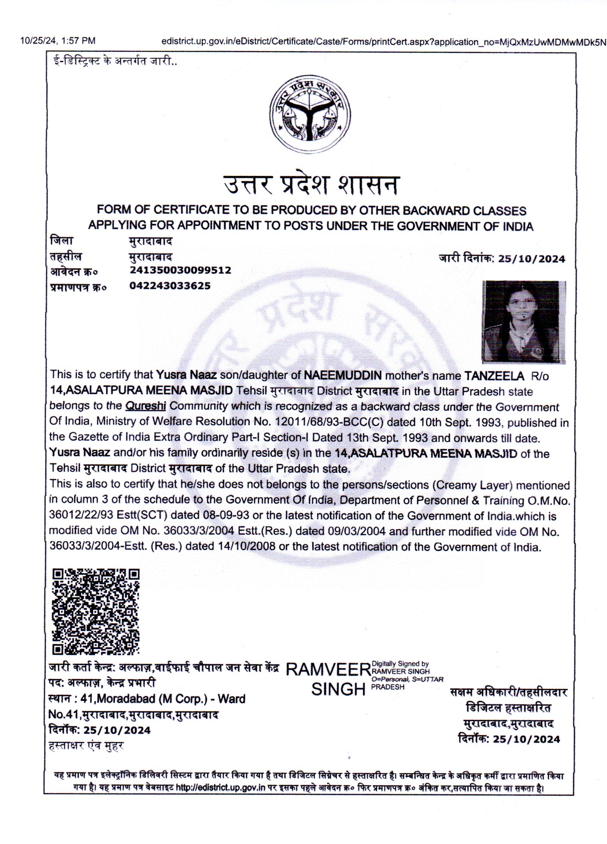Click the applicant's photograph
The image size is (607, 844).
[523, 321]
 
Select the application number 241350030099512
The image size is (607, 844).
[180, 270]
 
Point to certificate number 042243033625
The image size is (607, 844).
[170, 286]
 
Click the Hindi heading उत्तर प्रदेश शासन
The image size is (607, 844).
[311, 185]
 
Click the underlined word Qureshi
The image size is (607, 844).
[145, 406]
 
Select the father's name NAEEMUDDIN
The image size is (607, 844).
[343, 376]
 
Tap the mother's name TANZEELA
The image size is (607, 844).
[494, 376]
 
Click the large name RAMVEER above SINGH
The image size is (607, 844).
[328, 669]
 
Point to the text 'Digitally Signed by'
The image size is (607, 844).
[400, 664]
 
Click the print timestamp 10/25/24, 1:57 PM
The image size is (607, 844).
[58, 41]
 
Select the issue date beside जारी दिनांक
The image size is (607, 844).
[531, 259]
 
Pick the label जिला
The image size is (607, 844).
[62, 241]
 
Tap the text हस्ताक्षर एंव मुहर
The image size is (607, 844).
[86, 745]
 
